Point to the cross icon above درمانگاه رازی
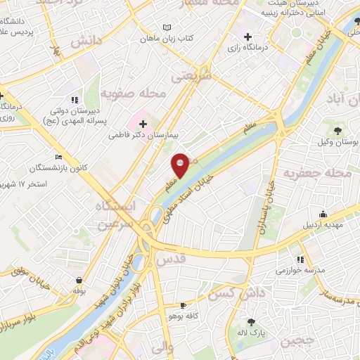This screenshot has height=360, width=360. [x=247, y=37]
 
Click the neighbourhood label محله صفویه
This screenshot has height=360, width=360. [x=133, y=93]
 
